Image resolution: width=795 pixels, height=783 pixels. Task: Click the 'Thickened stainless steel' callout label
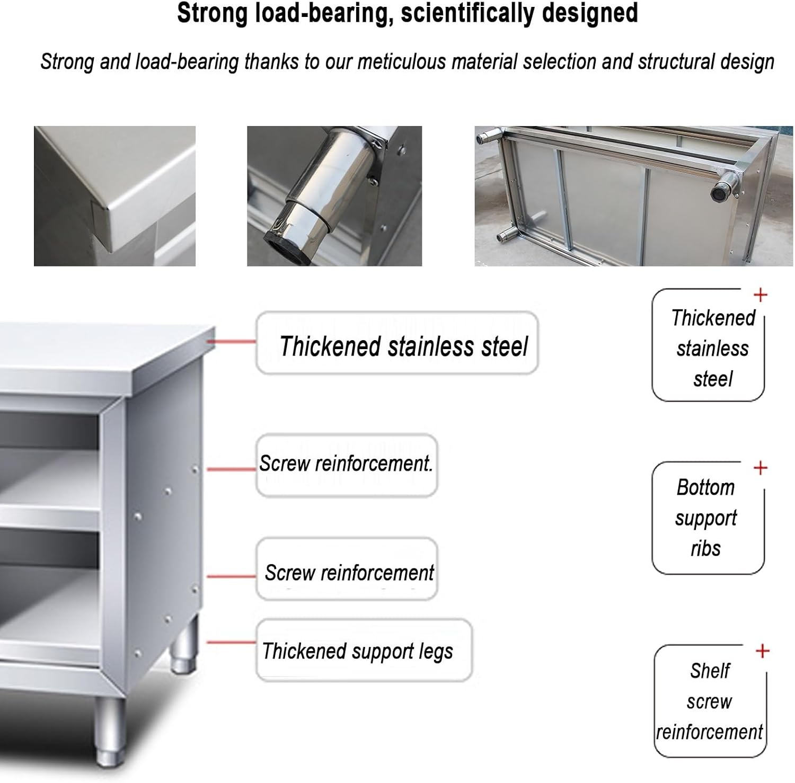click(x=403, y=346)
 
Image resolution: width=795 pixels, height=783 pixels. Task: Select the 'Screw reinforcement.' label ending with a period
click(x=346, y=464)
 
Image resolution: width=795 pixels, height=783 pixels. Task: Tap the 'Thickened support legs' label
click(x=358, y=651)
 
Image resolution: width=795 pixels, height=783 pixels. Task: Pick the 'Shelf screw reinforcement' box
click(x=710, y=701)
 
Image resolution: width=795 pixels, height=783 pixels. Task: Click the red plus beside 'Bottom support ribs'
click(x=761, y=468)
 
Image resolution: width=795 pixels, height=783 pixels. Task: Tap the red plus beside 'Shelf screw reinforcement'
click(x=762, y=651)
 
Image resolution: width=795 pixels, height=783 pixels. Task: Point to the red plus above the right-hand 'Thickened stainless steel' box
click(x=761, y=295)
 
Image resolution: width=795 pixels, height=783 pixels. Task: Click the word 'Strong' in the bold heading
click(x=212, y=13)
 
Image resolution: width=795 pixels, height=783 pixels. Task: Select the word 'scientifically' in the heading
click(x=466, y=13)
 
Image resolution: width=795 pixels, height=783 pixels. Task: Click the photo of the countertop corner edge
click(x=114, y=196)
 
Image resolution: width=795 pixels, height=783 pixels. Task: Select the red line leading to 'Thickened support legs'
click(x=231, y=642)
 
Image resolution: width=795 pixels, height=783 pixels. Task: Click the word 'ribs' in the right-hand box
click(x=705, y=549)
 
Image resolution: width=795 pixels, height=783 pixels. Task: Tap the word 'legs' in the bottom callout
click(x=435, y=652)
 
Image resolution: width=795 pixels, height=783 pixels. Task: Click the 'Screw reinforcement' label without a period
click(x=349, y=573)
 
